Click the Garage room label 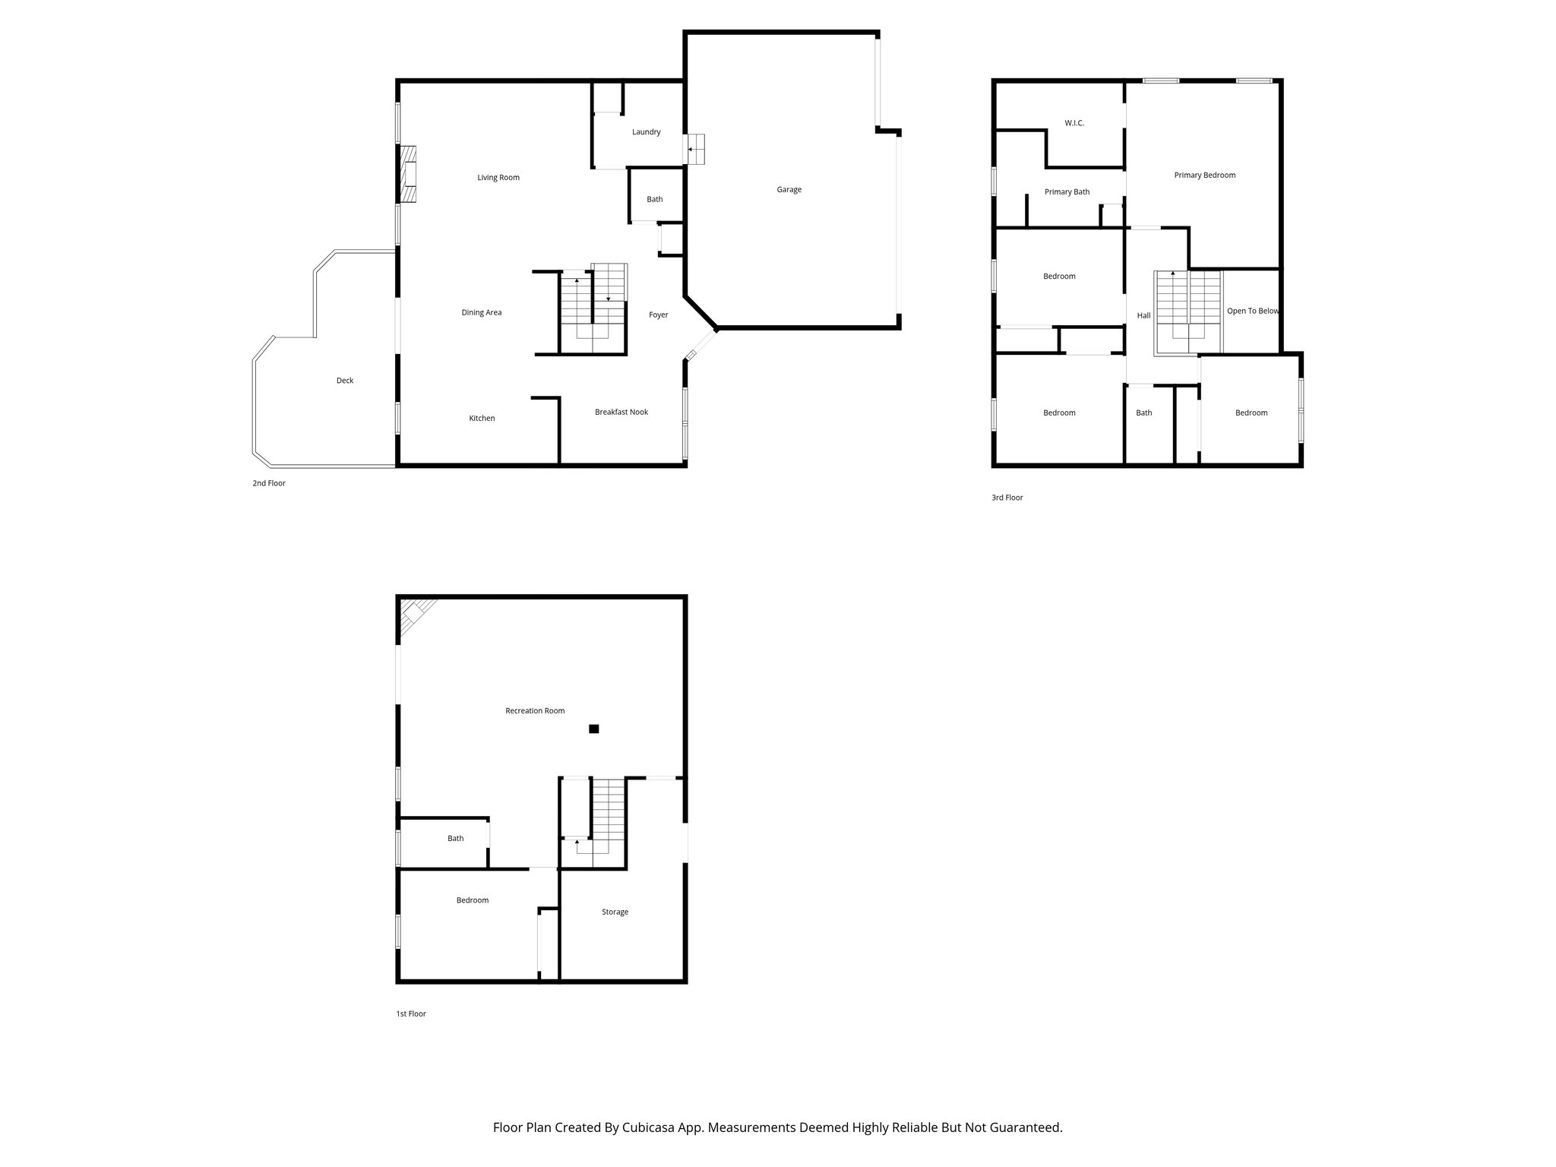click(789, 190)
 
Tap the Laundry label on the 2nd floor click(646, 132)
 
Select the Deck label click(345, 381)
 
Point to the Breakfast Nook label click(621, 413)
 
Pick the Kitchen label click(482, 419)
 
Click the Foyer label click(658, 315)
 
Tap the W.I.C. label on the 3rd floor click(1074, 123)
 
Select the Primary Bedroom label click(1204, 176)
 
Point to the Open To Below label click(1252, 312)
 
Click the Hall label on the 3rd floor click(1143, 316)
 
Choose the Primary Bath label click(1067, 192)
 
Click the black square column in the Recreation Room click(594, 729)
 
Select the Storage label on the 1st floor click(615, 912)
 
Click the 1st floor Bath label click(455, 839)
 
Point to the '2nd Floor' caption click(269, 483)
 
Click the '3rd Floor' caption click(1007, 498)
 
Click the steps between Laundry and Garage click(696, 149)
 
